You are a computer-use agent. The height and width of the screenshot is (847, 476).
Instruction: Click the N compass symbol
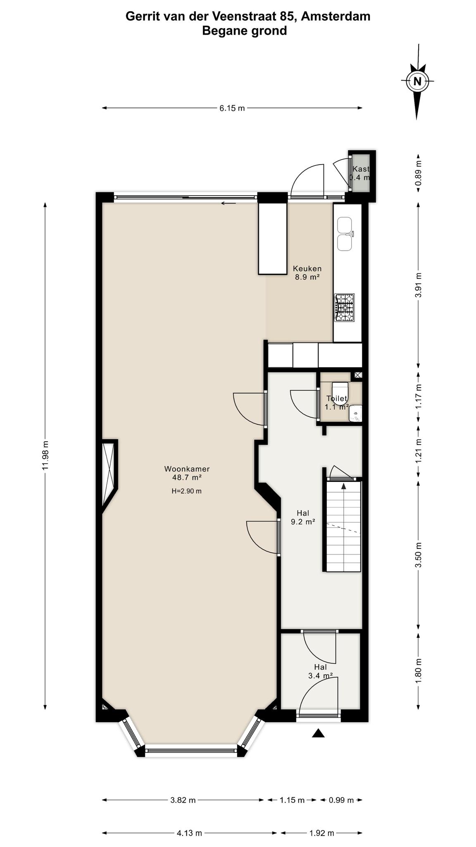click(x=417, y=81)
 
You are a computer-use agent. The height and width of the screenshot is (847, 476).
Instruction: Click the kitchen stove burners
click(x=345, y=307)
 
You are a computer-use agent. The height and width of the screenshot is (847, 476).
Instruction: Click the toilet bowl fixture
click(x=340, y=389)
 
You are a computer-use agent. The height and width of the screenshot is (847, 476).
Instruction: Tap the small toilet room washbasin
click(x=355, y=413)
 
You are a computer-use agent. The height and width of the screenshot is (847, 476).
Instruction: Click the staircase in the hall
click(x=344, y=526)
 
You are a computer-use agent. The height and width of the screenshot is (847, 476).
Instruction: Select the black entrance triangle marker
click(x=318, y=733)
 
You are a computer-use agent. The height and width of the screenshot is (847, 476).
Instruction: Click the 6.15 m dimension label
click(x=232, y=108)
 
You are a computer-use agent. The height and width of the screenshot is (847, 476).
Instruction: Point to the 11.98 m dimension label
click(x=46, y=455)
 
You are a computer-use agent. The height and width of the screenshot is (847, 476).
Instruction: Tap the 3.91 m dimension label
click(x=419, y=285)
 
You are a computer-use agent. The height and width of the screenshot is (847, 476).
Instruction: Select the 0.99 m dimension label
click(x=341, y=800)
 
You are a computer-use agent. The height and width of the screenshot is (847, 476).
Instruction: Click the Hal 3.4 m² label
click(x=321, y=671)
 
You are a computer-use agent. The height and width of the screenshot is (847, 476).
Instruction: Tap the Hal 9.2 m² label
click(x=303, y=517)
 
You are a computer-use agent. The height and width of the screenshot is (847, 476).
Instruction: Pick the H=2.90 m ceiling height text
click(x=187, y=491)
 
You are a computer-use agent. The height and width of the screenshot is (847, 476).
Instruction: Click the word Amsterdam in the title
click(x=336, y=17)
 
